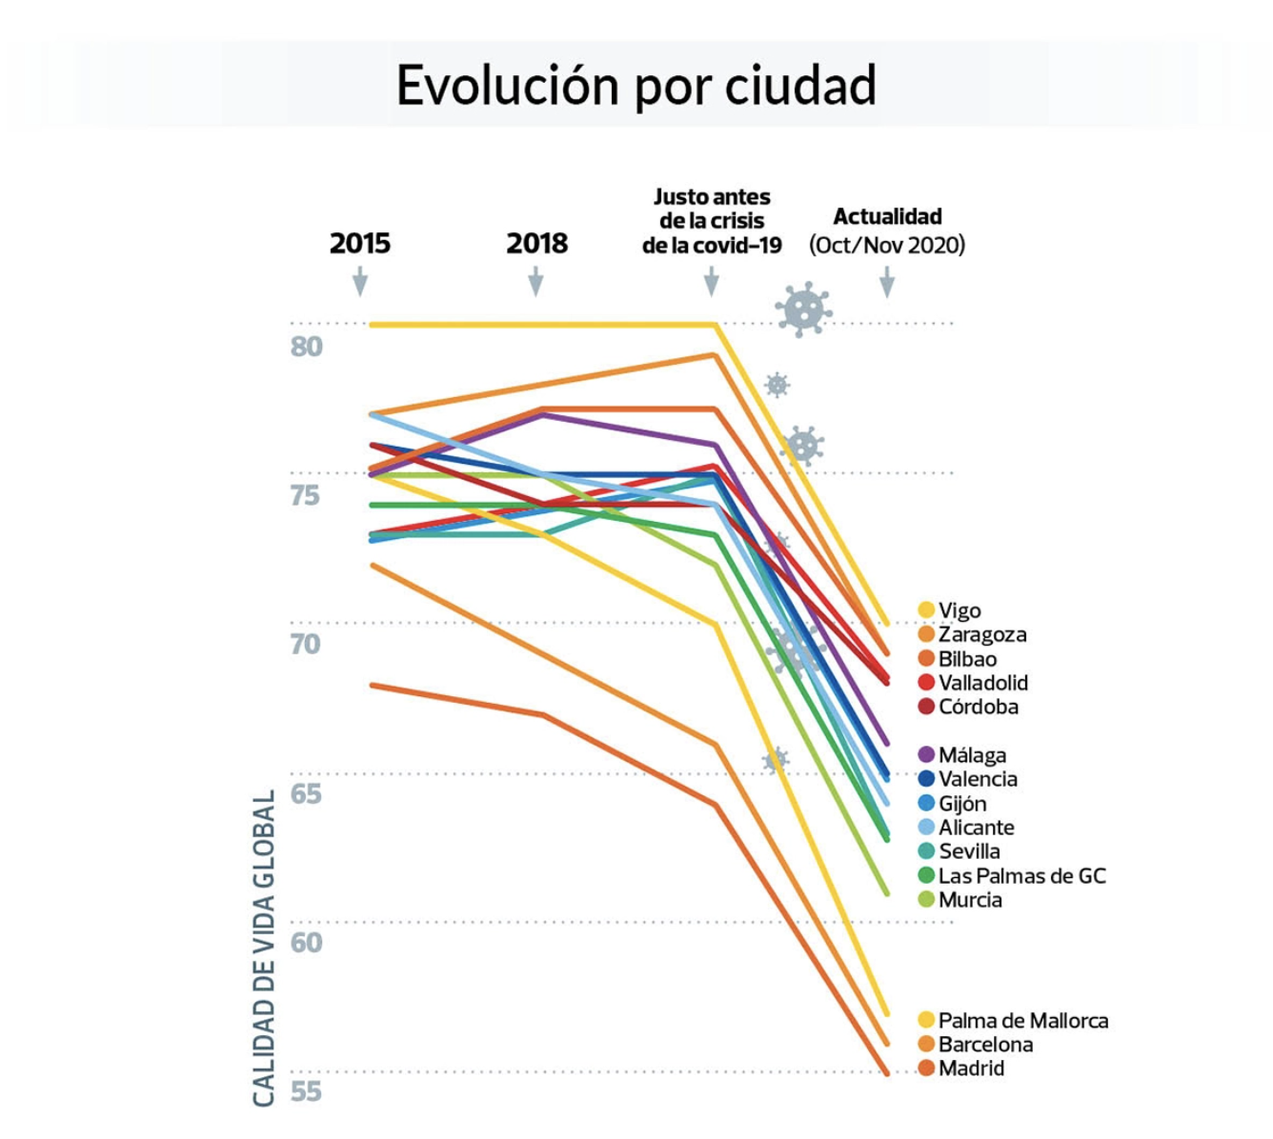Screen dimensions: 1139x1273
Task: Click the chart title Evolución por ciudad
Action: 636,86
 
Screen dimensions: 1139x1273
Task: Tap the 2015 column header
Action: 360,244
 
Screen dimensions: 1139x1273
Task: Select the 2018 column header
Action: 536,244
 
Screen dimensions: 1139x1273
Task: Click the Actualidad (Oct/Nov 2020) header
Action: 887,230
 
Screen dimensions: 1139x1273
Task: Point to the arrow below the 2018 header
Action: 535,281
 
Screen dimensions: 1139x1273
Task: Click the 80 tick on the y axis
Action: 307,347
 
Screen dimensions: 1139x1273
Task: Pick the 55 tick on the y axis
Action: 307,1091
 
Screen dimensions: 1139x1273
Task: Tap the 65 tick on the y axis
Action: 307,793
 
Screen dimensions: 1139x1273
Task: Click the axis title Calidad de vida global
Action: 264,948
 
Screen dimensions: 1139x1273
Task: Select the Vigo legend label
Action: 959,610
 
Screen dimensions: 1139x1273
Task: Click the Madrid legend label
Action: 971,1069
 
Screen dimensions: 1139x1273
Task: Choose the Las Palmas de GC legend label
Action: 1021,876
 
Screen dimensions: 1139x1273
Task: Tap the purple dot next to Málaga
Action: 925,755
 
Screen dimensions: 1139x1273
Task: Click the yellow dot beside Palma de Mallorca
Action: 925,1021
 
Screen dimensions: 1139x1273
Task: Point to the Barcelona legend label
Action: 985,1045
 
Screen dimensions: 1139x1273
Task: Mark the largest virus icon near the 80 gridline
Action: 803,309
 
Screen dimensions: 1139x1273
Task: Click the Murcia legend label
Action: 970,900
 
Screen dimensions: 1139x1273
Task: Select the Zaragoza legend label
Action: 981,634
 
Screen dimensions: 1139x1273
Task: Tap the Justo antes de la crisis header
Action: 712,221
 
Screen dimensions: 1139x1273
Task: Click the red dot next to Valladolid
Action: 925,683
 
